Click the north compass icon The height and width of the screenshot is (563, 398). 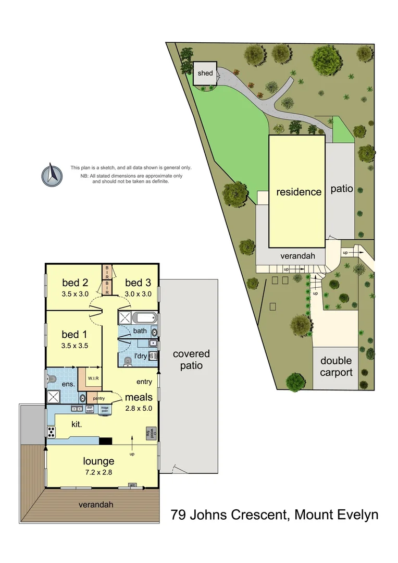tap(52, 175)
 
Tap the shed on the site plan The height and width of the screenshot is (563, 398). tap(205, 74)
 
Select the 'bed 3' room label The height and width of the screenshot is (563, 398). tap(138, 283)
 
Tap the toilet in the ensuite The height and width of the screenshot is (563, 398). tap(52, 380)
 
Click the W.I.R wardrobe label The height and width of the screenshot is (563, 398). tap(93, 378)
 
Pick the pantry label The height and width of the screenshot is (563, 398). tap(98, 399)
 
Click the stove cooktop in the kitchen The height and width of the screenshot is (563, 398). tap(52, 431)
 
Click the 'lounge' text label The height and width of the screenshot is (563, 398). tap(98, 461)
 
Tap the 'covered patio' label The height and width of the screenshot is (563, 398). tap(191, 360)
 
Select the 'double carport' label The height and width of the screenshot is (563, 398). tap(336, 366)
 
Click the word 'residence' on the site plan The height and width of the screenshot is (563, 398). tap(298, 192)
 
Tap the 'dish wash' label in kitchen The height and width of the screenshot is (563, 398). tap(90, 409)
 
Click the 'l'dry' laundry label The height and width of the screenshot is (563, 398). tap(141, 356)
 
